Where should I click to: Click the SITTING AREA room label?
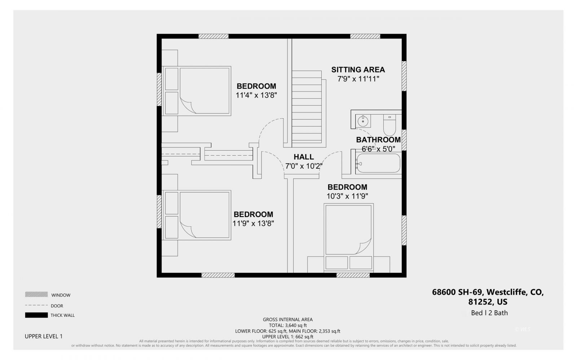[358, 70]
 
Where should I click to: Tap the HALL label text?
[304, 157]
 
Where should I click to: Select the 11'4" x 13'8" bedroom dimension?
[256, 95]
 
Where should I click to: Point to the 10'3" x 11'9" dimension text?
[347, 196]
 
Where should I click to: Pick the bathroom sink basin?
[363, 121]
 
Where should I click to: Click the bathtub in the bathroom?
[378, 163]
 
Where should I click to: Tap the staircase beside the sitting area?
[307, 107]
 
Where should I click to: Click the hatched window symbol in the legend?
[36, 294]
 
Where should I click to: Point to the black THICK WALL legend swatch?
[36, 315]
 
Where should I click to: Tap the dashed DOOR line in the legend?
[36, 305]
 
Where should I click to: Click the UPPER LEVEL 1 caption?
[44, 336]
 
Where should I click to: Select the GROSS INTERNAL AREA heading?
[287, 319]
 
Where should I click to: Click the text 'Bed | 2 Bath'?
[489, 313]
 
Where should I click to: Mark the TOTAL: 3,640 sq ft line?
[287, 325]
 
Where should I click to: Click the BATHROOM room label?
[378, 139]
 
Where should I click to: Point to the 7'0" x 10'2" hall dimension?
[304, 166]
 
